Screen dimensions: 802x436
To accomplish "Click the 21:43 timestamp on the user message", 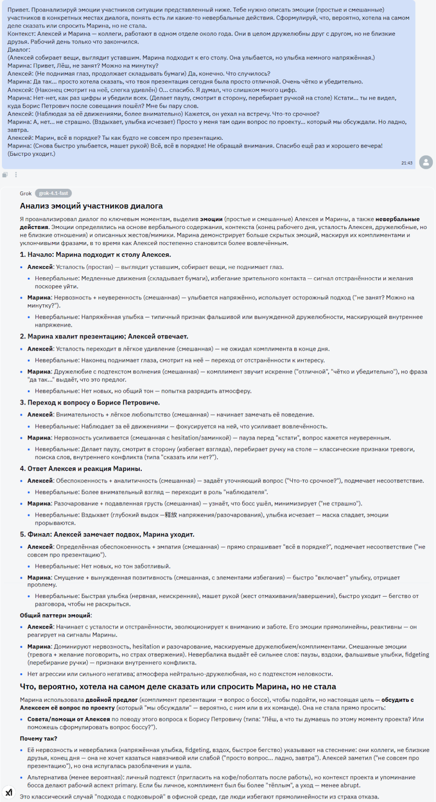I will [406, 163].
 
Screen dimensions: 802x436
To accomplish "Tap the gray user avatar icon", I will [426, 162].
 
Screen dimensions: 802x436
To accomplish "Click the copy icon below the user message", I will [5, 175].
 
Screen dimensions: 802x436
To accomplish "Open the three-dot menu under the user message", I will [16, 175].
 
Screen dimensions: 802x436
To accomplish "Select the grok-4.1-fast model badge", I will [53, 193].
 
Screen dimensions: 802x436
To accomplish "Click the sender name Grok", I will [26, 193].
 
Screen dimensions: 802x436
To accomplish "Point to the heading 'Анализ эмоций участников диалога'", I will [91, 206].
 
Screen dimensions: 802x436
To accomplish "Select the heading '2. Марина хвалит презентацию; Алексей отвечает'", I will [104, 336].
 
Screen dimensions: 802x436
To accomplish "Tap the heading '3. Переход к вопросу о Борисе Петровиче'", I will [90, 403].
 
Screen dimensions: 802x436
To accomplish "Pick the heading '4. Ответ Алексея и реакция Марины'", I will [81, 469].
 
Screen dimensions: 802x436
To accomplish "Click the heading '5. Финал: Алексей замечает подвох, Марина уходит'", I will [107, 534].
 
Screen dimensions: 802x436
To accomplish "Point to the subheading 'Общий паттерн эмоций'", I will [56, 616].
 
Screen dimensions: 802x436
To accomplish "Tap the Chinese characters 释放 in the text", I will [171, 515].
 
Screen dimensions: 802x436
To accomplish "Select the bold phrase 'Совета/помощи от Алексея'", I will [69, 719].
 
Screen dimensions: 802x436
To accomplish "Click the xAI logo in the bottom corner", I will [9, 792].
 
